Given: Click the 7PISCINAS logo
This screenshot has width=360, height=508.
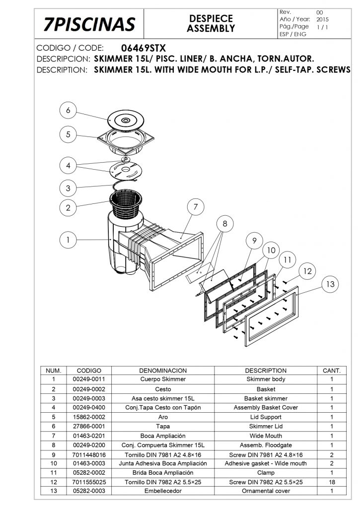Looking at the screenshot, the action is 89,24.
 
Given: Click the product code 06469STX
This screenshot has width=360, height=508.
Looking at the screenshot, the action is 144,48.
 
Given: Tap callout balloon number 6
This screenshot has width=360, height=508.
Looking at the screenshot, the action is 68,110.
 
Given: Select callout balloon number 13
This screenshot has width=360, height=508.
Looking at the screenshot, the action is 330,284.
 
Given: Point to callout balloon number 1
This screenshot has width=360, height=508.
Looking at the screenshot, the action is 68,240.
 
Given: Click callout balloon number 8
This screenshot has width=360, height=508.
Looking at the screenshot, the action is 225,224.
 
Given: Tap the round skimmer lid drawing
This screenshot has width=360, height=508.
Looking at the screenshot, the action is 126,121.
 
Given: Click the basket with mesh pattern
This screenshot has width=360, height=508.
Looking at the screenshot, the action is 126,206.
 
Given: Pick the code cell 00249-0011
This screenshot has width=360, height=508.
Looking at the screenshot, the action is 89,379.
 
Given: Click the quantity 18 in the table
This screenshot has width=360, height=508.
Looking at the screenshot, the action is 332,482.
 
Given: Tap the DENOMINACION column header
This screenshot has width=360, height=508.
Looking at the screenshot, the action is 163,371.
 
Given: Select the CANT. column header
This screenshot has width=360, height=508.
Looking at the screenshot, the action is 332,371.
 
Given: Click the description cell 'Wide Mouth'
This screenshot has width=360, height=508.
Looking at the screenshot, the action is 266,436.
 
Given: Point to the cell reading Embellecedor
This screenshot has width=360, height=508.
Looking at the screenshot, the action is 163,491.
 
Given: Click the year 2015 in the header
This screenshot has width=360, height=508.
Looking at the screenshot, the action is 323,19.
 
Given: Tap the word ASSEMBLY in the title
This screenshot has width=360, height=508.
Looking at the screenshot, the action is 211,28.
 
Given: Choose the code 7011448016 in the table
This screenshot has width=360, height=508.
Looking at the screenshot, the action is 89,455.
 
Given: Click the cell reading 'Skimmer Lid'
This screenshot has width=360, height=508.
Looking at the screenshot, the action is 266,426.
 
